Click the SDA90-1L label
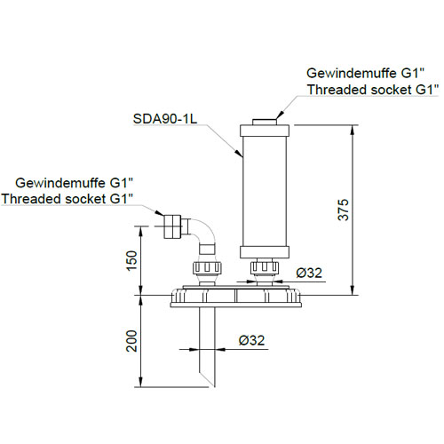[165, 119]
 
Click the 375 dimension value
[344, 210]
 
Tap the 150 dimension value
[132, 260]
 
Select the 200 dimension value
[132, 341]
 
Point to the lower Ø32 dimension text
[251, 340]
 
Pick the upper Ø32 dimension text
[309, 273]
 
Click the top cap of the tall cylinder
[265, 131]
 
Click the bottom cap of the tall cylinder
[265, 252]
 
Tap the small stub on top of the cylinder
[265, 122]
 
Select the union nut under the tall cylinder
[265, 267]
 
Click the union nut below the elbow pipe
[207, 267]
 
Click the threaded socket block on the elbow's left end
[171, 226]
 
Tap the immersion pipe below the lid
[207, 346]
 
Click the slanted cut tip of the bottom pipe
[208, 379]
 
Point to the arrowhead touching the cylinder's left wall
[238, 153]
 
